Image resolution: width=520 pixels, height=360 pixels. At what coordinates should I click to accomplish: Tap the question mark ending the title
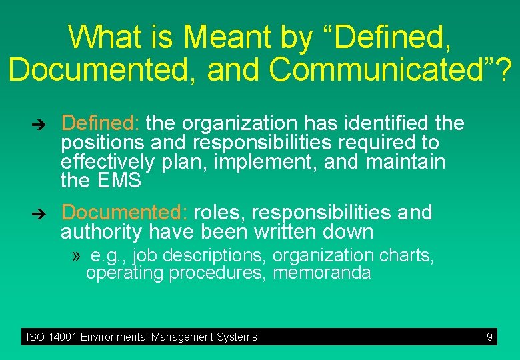point(505,69)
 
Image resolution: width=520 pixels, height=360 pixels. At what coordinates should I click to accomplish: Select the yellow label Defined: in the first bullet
point(100,123)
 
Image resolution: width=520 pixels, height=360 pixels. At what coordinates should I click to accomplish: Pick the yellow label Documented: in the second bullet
point(124,213)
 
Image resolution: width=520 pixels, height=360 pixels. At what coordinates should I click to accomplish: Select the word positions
point(102,143)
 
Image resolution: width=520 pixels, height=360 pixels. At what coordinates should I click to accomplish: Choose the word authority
point(101,232)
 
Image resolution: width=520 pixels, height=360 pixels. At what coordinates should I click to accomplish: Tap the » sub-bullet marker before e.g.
point(77,255)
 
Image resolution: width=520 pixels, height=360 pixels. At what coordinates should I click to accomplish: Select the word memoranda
point(322,273)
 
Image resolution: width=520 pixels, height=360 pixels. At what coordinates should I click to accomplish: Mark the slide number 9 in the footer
point(489,337)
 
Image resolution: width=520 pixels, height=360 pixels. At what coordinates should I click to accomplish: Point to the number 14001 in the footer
point(62,337)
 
